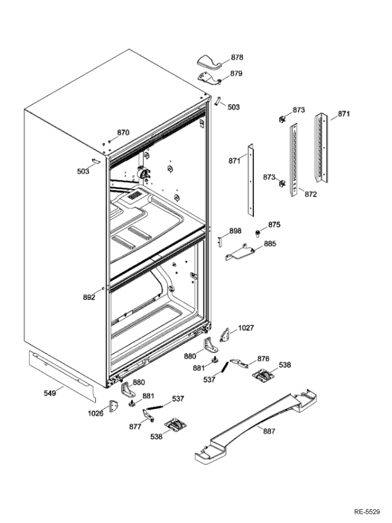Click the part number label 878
(x=236, y=57)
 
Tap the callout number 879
(x=236, y=74)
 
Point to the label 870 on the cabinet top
(x=122, y=132)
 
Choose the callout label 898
(x=235, y=231)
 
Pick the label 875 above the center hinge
(x=274, y=224)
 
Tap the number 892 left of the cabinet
(x=88, y=297)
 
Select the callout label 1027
(x=246, y=328)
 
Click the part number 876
(x=263, y=359)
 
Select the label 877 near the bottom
(x=135, y=426)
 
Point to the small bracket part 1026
(x=115, y=408)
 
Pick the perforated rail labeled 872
(x=293, y=161)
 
